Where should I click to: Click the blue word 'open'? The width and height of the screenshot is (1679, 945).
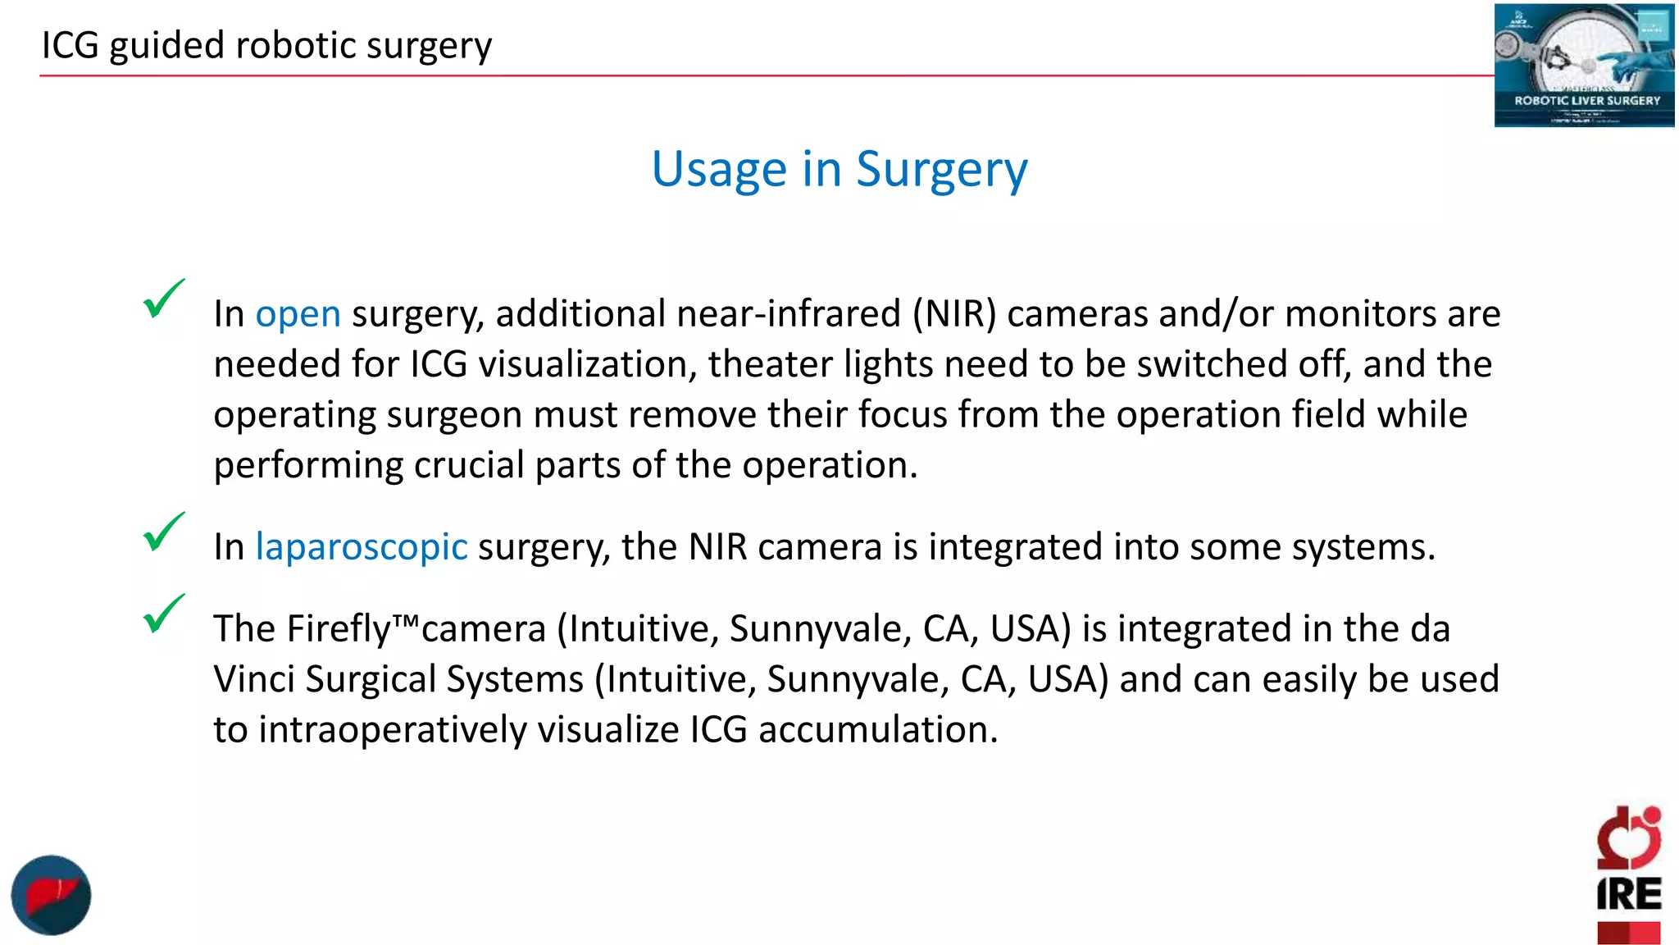point(298,314)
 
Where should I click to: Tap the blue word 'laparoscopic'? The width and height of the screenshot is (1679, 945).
point(361,547)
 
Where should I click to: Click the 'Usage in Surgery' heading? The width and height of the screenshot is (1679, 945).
point(839,169)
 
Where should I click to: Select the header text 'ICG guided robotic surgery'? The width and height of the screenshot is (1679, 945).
point(266,45)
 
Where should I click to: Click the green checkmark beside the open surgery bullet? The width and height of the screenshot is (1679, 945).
point(163,299)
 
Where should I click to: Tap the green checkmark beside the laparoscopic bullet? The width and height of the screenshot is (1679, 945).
point(163,532)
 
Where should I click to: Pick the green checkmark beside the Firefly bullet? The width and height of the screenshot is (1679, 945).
point(163,614)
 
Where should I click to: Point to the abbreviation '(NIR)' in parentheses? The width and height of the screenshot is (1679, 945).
point(954,314)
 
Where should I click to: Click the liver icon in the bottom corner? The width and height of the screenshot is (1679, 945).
point(51,895)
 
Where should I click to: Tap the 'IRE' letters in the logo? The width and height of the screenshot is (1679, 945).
point(1628,894)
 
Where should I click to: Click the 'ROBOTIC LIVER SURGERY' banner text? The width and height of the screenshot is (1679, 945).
point(1586,101)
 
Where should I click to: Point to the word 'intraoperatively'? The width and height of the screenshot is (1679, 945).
point(392,730)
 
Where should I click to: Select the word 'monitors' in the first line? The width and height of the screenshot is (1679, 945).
point(1360,314)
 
